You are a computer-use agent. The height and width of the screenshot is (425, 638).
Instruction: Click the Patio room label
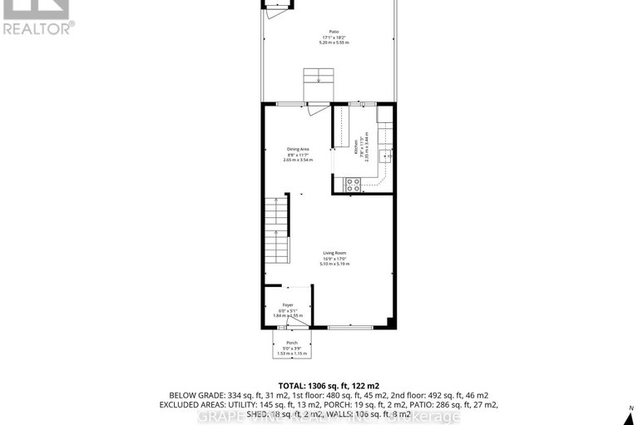coord(333,33)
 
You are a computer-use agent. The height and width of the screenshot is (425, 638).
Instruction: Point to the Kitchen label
coord(356,148)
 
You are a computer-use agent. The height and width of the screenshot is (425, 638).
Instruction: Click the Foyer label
coord(288,305)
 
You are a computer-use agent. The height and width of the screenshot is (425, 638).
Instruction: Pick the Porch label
coord(292,343)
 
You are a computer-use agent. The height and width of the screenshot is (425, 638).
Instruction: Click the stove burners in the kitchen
coord(353,185)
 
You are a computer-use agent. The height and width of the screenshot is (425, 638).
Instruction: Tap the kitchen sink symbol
coord(386,156)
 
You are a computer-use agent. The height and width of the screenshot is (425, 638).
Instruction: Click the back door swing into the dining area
coord(314,109)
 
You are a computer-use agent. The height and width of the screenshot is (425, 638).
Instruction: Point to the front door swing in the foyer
coord(303,321)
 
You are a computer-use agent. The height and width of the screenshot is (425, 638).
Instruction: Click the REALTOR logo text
coord(38,27)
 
